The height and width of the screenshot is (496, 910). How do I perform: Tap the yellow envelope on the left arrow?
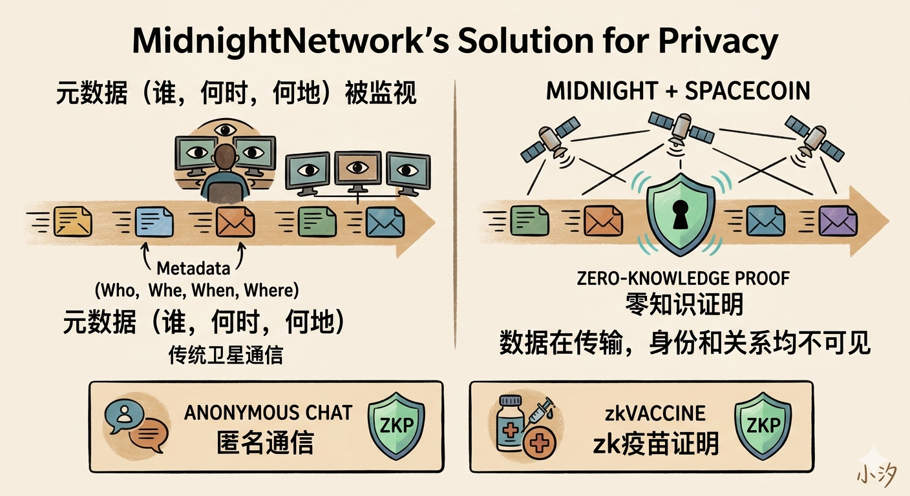(x=72, y=222)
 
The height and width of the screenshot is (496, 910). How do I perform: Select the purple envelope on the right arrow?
(x=838, y=222)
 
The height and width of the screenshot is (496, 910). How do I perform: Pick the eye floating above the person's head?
(x=224, y=130)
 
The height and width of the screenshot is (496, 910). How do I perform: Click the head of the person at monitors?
(x=224, y=157)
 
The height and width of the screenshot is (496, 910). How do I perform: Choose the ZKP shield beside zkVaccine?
(x=763, y=426)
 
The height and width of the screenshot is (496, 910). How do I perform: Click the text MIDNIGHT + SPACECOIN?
(x=678, y=91)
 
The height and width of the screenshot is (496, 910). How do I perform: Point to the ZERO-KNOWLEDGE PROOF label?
(x=684, y=278)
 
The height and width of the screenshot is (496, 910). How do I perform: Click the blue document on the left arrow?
(x=154, y=222)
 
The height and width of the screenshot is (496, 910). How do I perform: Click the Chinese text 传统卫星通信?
(x=226, y=355)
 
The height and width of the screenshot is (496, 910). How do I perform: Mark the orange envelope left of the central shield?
(x=603, y=222)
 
